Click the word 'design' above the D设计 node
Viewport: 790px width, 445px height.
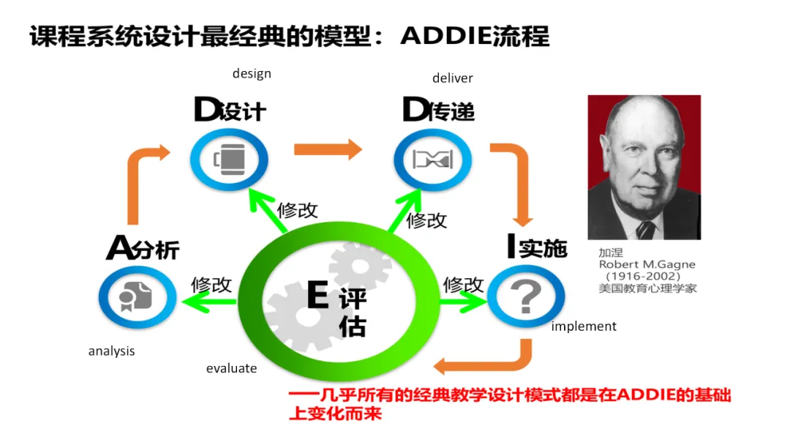tap(252, 73)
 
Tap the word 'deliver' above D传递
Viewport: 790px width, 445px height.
tap(452, 78)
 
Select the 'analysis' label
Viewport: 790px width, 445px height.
tap(111, 351)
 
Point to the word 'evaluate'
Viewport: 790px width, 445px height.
tap(231, 368)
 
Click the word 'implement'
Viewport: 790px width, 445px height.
tap(584, 326)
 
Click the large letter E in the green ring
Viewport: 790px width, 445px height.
tap(317, 296)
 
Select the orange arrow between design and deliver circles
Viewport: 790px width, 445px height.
tap(328, 149)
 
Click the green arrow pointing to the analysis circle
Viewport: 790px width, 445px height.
tap(208, 301)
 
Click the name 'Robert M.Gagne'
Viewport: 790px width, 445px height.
tap(647, 264)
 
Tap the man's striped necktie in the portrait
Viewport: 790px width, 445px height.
tap(645, 229)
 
